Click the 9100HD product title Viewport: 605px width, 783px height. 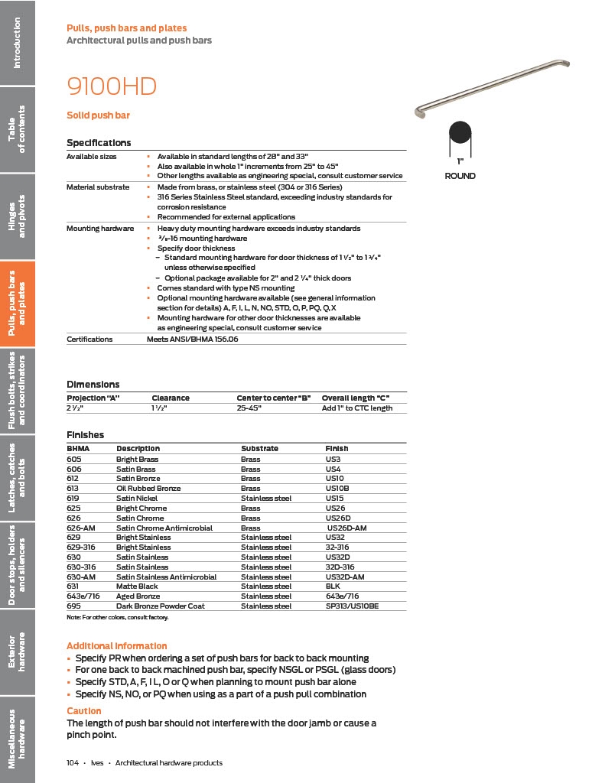tap(112, 87)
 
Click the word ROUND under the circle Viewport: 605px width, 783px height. tap(460, 176)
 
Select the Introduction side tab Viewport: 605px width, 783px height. tap(18, 42)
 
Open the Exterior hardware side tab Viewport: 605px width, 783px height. tap(18, 651)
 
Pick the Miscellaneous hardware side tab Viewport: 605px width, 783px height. tap(18, 739)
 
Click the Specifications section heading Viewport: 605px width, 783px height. tap(99, 143)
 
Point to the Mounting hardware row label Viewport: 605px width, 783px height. tap(100, 229)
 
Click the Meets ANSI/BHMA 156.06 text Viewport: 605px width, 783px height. tap(192, 339)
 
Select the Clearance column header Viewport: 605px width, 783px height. tap(171, 398)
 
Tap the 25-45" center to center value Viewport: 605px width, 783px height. tap(249, 408)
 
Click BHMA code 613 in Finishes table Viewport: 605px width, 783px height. tap(73, 488)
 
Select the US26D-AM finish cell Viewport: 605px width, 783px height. tap(347, 528)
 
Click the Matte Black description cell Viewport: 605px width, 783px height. tap(137, 586)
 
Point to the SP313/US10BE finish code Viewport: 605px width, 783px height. tap(352, 606)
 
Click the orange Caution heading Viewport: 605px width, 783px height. tap(84, 711)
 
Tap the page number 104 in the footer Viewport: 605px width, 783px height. tap(73, 763)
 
